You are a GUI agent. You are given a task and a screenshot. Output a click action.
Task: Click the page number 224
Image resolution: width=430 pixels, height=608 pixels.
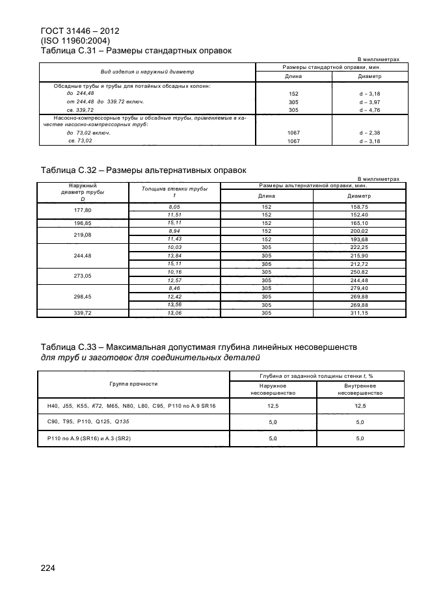[47, 568]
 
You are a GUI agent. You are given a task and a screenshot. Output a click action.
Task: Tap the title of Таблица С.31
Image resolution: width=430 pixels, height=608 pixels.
[137, 50]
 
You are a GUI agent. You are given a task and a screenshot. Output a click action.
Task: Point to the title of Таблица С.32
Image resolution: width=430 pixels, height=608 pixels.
[143, 170]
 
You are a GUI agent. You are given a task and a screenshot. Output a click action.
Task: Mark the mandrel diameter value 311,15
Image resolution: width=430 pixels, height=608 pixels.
[359, 313]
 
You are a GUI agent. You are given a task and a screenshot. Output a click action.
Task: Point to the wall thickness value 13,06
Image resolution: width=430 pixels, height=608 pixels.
[174, 313]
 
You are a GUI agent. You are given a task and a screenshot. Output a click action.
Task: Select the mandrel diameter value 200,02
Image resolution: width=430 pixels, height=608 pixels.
[359, 231]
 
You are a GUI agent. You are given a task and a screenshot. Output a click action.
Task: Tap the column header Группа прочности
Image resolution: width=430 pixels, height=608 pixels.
[135, 383]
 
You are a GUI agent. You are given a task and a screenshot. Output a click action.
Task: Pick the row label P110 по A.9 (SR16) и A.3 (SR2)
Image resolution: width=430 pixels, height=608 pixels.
[89, 439]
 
